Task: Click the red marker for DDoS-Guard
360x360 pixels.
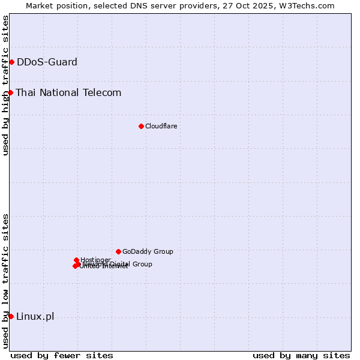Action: point(11,62)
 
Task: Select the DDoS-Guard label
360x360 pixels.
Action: point(47,62)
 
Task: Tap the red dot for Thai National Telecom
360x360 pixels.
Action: point(10,92)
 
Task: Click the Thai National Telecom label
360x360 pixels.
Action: point(68,92)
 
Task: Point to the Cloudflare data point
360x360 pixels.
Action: point(141,126)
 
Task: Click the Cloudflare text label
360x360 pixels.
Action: point(161,126)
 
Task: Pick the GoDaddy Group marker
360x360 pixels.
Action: point(118,251)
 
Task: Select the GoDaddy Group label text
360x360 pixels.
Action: point(148,251)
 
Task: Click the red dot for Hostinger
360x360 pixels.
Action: point(76,260)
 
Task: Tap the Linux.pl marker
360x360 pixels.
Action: point(11,316)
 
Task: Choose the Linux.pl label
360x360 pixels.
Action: point(35,317)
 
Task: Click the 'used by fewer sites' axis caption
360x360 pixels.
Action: point(62,355)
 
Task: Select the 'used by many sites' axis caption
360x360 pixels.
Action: point(301,355)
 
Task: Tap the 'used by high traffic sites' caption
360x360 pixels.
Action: point(6,85)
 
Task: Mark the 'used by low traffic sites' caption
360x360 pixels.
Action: point(6,281)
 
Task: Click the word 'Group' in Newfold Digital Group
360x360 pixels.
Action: point(142,264)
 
